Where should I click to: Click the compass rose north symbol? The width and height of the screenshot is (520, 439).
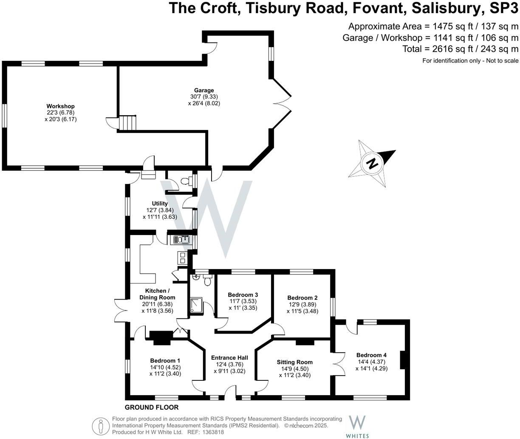pos(373,163)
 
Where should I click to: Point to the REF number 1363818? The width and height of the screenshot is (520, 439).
pos(212,432)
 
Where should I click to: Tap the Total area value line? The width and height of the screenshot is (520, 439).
pos(460,49)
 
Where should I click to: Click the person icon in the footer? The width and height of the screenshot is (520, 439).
pos(100,425)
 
